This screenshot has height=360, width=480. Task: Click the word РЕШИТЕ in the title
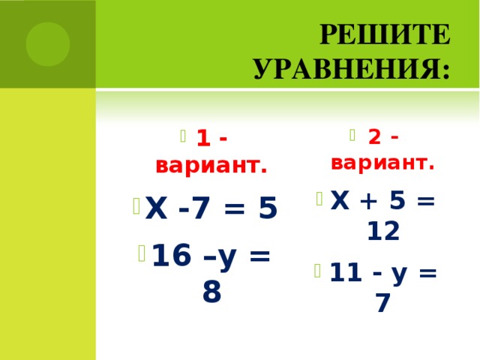[385, 35]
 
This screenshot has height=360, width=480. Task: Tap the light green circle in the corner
[48, 43]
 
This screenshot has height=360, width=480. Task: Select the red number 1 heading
[201, 139]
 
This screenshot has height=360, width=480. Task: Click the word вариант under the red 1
[211, 166]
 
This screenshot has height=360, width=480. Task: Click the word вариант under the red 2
[382, 163]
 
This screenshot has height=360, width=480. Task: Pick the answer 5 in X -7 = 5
[266, 208]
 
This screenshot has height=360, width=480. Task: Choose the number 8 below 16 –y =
[211, 292]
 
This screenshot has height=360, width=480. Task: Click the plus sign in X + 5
[367, 201]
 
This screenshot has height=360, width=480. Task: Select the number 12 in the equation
[382, 232]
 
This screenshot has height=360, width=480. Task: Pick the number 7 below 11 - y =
[383, 303]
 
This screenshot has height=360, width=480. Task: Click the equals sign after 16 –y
[259, 256]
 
